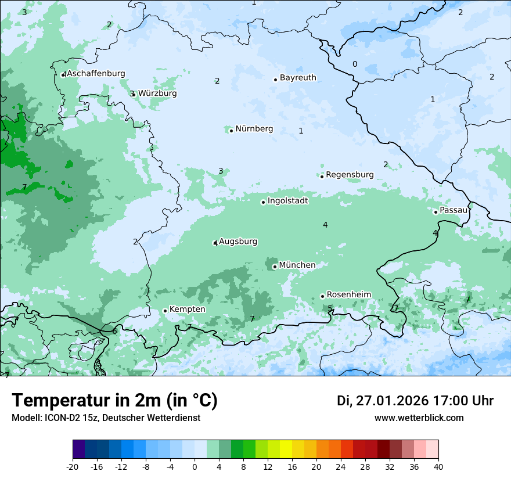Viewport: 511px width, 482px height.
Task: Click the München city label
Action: click(297, 265)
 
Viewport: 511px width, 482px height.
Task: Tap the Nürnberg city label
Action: click(254, 129)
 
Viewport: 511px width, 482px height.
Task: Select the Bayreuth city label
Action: click(298, 78)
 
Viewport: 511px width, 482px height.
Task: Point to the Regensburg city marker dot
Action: click(322, 176)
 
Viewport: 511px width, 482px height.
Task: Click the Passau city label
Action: click(453, 210)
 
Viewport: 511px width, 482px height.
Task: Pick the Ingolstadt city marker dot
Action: click(263, 202)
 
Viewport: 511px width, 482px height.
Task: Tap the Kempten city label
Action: click(187, 310)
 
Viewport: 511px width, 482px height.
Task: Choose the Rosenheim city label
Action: click(348, 295)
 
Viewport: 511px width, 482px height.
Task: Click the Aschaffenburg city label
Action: click(96, 74)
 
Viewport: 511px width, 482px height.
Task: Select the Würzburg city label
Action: click(157, 93)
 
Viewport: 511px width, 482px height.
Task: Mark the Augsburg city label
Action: click(238, 242)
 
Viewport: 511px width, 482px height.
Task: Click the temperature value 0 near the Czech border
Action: click(355, 64)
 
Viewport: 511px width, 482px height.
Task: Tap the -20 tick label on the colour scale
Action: click(73, 467)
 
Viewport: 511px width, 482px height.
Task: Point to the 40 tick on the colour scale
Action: click(438, 467)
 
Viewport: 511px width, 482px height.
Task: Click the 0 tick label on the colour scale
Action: click(195, 467)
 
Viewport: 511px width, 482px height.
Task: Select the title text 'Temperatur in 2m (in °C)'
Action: click(114, 400)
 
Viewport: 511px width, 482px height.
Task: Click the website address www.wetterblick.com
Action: click(419, 418)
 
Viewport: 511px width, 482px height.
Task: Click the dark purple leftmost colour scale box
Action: click(78, 449)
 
